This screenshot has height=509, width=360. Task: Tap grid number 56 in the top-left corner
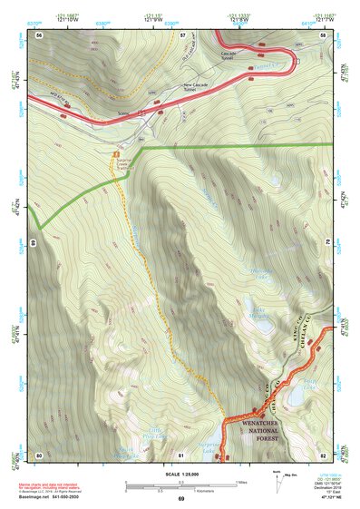(39, 34)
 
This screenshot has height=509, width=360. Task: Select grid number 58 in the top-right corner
(323, 34)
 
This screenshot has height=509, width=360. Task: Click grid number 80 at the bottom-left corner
(39, 455)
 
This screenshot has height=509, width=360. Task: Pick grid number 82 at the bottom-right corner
(323, 455)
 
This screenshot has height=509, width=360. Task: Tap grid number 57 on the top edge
(181, 34)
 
